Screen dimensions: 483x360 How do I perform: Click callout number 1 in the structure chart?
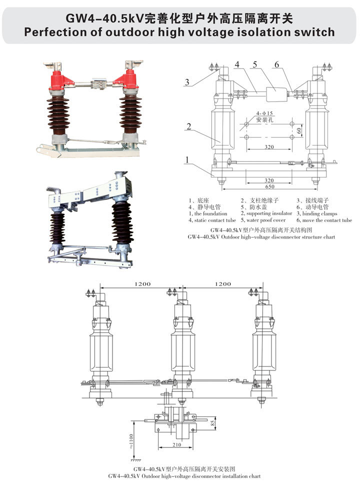pos(186,160)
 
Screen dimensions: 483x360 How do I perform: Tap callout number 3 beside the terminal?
pos(186,82)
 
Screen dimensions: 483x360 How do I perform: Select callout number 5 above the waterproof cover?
pos(255,64)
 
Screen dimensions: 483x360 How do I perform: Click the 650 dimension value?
pos(270,186)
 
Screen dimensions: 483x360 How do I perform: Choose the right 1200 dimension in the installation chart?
pos(222,283)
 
